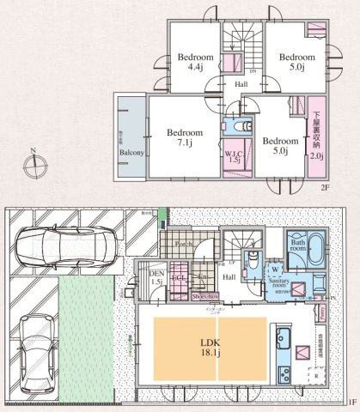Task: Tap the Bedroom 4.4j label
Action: (x=190, y=62)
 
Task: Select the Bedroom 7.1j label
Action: (x=185, y=138)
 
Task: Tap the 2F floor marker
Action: (x=325, y=186)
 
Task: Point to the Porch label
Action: (x=183, y=243)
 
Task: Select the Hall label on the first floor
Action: (x=229, y=277)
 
